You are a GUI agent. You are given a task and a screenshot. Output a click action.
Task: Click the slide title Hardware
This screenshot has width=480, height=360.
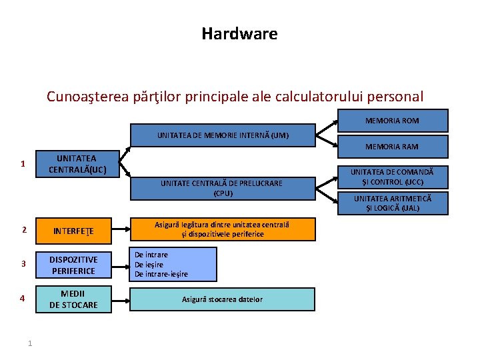pos(239,33)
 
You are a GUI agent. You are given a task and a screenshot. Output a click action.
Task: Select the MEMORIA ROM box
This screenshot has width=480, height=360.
pos(392,121)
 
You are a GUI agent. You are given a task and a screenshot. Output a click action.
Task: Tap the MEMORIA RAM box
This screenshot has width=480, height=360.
pos(392,146)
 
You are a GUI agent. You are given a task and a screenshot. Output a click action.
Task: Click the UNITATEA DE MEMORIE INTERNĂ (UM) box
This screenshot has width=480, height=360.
pos(223,135)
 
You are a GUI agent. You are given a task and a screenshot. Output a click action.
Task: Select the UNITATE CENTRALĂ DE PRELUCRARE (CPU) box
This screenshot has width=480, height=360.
pos(221,188)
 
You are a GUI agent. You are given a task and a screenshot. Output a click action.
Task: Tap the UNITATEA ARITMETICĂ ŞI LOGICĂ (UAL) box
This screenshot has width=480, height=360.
pos(392,203)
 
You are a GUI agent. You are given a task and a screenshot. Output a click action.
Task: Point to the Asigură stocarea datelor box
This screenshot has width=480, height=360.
pos(222,299)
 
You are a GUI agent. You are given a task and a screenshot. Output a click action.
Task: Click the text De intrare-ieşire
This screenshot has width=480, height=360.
pos(161,274)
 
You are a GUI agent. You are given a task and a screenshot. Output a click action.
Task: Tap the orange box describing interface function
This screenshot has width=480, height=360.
pos(222,229)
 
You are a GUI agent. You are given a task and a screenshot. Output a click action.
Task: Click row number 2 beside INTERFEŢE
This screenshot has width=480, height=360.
pos(23,230)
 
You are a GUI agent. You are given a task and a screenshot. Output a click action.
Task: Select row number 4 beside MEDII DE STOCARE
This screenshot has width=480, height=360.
pos(23,299)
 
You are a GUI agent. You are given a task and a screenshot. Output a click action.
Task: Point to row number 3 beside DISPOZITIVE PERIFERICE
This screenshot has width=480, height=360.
pos(23,264)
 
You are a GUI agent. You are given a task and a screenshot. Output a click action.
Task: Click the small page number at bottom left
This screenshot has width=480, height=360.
pos(30,343)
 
